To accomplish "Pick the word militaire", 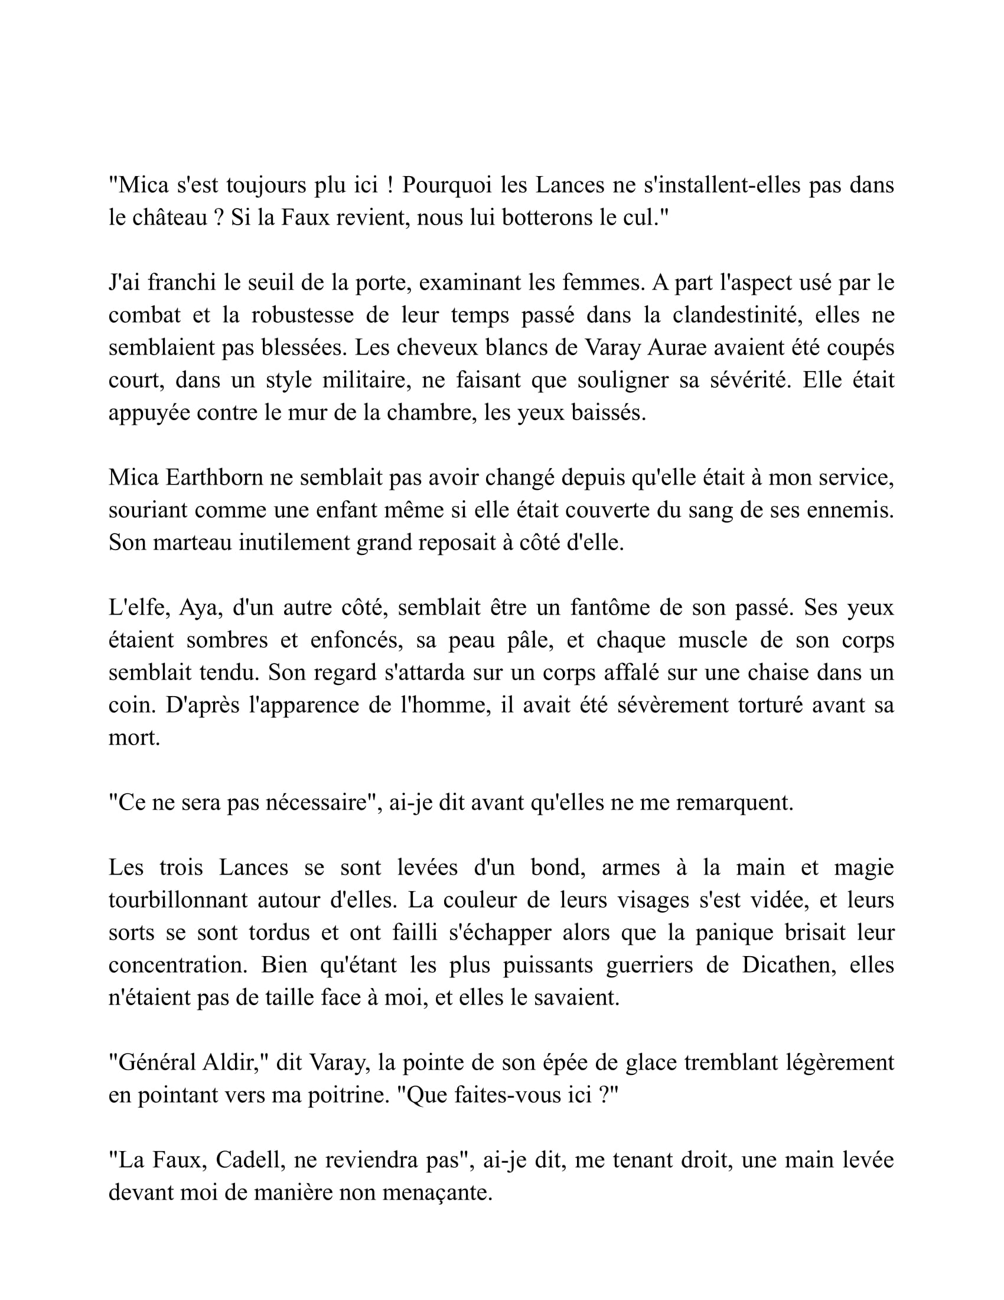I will [366, 381].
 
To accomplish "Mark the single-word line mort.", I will [134, 738].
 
